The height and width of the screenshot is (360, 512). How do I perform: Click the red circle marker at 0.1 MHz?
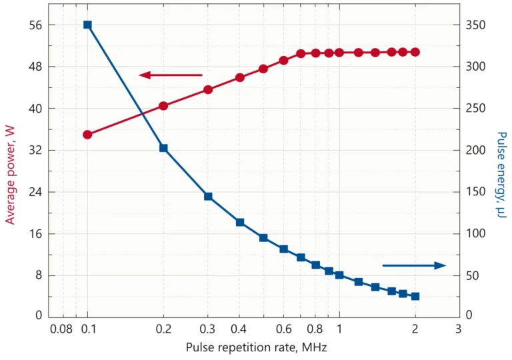87,135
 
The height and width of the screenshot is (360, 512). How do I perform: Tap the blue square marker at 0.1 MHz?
87,25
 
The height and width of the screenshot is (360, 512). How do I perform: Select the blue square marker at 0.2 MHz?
163,148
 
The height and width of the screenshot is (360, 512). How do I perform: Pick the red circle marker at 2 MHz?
415,52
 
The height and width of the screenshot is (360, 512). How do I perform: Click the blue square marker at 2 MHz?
415,296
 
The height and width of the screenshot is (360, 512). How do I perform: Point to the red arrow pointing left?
170,75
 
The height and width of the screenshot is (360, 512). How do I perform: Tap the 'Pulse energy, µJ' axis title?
501,175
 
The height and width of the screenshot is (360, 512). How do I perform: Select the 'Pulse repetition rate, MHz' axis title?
257,347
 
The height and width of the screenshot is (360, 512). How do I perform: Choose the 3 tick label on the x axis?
458,329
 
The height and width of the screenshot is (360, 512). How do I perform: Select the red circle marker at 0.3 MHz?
208,89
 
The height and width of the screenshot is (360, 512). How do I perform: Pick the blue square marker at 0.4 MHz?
240,222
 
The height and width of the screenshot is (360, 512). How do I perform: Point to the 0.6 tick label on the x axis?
283,329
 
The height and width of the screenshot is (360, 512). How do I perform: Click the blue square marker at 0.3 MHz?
208,196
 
